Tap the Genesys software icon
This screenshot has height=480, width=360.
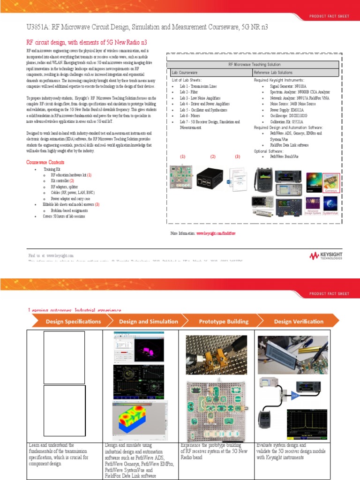point(330,181)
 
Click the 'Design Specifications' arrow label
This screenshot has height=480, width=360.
point(73,322)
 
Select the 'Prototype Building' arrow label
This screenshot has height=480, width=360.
point(224,322)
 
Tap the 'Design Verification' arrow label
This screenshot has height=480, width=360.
point(299,322)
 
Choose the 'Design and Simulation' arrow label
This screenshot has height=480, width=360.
point(149,322)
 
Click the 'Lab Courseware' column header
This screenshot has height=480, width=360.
point(184,73)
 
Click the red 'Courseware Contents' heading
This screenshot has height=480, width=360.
point(45,162)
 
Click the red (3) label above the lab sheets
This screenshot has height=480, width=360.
point(237,157)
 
